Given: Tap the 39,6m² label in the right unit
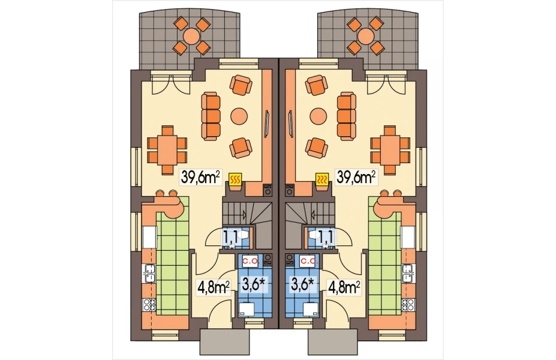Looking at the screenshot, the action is pos(355,176).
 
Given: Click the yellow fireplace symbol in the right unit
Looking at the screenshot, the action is pos(321,179).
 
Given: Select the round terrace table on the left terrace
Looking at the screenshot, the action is pos(192,36).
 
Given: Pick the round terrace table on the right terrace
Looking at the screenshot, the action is pos(366,36).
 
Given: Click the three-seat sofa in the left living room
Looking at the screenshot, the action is pos(211,115).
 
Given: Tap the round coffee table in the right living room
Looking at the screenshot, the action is pos(318,115).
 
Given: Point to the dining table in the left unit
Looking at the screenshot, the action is pos(166,150).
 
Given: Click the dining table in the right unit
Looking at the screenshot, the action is pos(390,150).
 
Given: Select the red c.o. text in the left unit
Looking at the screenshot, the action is pos(251,262).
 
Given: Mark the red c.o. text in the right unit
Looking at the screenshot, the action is pos(306,262).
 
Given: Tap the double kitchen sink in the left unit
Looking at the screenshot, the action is pos(149,273).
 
